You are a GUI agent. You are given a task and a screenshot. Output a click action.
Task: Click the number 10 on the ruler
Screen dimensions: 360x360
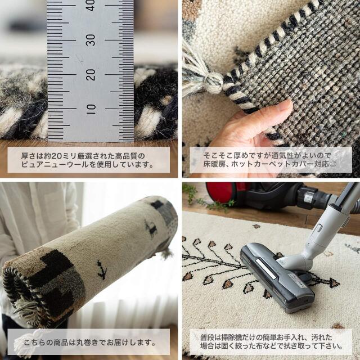click(91, 107)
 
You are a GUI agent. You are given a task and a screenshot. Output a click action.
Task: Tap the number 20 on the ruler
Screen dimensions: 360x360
click(91, 74)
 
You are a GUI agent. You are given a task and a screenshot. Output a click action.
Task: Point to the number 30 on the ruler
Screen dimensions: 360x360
click(91, 39)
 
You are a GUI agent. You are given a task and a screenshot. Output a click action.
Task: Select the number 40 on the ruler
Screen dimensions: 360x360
click(91, 6)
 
